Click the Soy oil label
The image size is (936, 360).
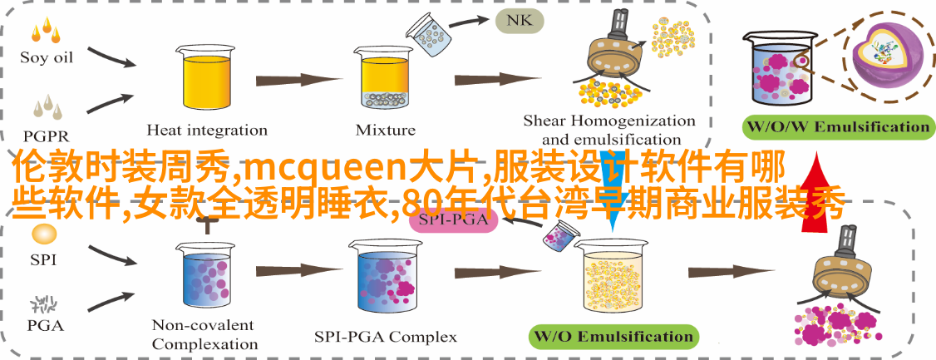click(x=46, y=57)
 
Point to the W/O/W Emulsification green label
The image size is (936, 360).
click(x=838, y=126)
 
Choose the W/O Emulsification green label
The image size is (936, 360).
click(x=614, y=336)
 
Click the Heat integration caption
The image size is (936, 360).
click(x=207, y=130)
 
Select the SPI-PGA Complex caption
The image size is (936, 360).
click(x=385, y=337)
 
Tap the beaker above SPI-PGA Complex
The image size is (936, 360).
click(x=385, y=274)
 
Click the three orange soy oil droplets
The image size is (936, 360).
click(x=46, y=31)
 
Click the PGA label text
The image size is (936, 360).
click(x=46, y=325)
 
